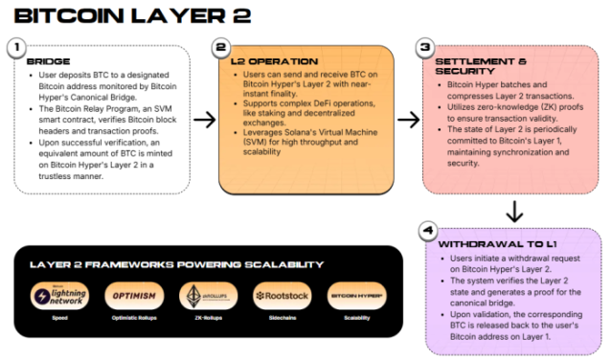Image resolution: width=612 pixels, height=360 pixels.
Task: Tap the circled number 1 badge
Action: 15,46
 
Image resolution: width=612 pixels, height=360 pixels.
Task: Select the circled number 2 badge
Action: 221,46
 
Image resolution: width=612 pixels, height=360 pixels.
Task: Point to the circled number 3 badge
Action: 426,46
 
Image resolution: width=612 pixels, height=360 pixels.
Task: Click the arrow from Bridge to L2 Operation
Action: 203,120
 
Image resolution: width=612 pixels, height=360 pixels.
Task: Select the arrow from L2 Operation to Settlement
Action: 408,120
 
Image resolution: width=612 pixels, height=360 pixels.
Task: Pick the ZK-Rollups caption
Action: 206,319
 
